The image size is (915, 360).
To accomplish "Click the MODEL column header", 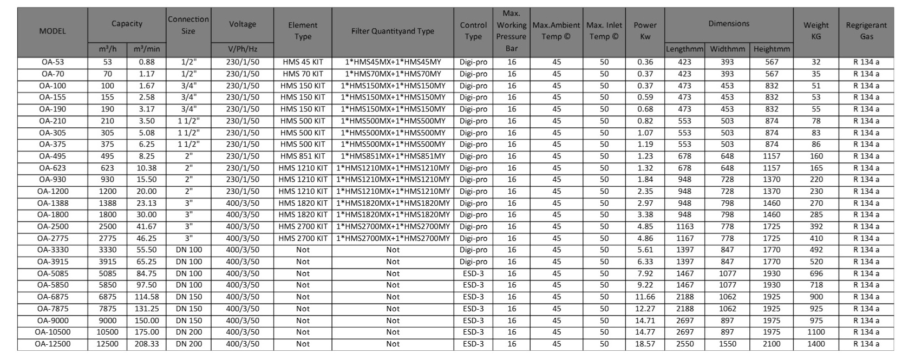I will (53, 31).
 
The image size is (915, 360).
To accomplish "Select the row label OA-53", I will (53, 62).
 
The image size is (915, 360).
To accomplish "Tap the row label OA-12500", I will (53, 344).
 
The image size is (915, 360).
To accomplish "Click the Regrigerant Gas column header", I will (866, 31).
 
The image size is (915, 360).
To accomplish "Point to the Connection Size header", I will (188, 25).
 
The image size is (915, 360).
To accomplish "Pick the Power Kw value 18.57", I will (645, 344).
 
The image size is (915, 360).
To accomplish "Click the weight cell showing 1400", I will (816, 344).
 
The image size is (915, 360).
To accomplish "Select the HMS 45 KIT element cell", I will (303, 62).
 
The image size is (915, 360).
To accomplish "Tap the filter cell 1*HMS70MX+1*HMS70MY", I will (393, 74).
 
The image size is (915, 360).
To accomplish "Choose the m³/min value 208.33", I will (146, 344).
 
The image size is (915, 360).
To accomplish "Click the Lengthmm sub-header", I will (684, 49).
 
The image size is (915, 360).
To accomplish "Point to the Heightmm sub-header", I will (772, 49).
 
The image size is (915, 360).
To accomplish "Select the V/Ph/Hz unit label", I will (242, 49).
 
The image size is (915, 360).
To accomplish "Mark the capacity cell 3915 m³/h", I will (107, 261).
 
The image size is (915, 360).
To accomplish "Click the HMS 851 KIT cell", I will (303, 156).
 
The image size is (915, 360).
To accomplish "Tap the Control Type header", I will (473, 31).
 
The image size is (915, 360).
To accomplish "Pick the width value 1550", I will (727, 344).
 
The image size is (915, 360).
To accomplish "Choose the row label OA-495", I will (53, 156).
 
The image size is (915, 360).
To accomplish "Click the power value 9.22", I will (645, 285).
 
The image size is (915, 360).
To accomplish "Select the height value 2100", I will (772, 344).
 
